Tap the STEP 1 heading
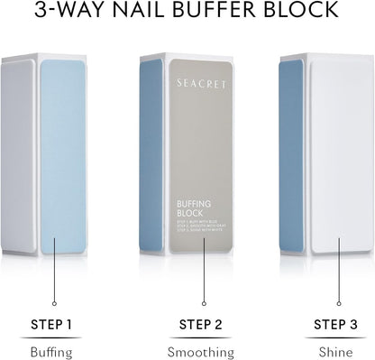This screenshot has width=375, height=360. pos(52,324)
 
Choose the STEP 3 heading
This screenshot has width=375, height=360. pos(334,324)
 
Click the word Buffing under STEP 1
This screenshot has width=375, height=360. pos(51,351)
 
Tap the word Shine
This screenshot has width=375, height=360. pos(334,351)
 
